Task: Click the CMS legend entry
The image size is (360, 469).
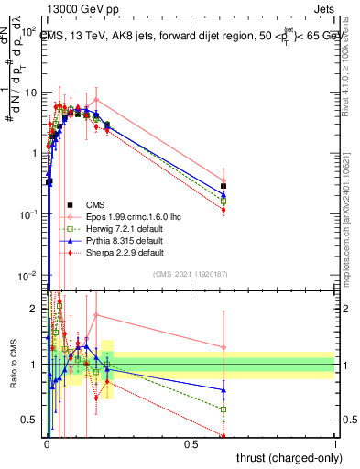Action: coord(96,204)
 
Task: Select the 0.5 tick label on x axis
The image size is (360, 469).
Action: coord(191,442)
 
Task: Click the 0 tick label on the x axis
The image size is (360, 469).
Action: coord(47,442)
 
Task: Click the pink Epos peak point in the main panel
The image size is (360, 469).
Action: coord(96,100)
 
